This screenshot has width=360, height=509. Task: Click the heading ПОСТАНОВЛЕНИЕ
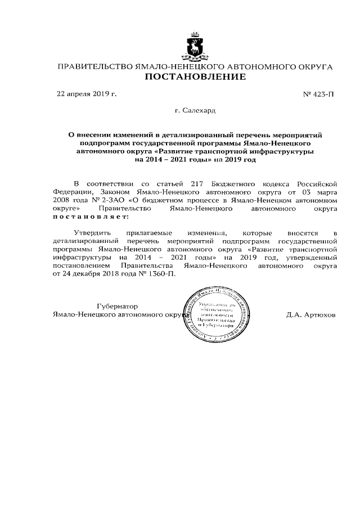(x=195, y=77)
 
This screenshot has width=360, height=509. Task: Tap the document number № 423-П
(x=318, y=94)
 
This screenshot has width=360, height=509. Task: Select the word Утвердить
(x=92, y=232)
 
